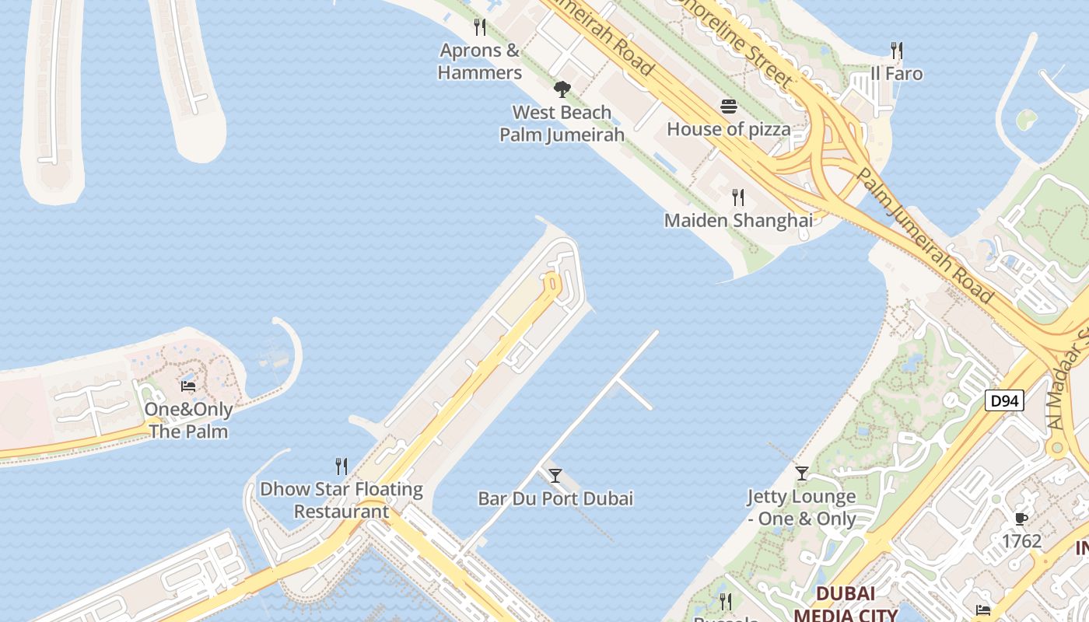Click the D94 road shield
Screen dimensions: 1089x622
[1004, 401]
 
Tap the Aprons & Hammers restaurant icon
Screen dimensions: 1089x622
[480, 27]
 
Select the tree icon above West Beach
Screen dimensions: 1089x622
[562, 89]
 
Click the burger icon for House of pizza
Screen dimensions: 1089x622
[729, 107]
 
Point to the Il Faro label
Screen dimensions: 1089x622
[897, 74]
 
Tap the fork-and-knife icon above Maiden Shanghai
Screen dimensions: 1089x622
[737, 197]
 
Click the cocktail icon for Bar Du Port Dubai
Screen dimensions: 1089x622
[555, 475]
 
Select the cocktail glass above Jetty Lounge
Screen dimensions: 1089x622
[802, 473]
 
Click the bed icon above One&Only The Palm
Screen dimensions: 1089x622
[188, 386]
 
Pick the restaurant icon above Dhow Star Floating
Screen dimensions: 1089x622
[341, 466]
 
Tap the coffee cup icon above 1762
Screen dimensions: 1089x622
[1021, 519]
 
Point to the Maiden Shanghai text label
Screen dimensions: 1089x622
[737, 221]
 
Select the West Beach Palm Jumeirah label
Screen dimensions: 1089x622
[562, 124]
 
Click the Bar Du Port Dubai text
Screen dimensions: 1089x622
[555, 498]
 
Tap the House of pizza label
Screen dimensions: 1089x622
[729, 129]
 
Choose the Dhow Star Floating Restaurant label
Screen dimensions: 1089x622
[341, 500]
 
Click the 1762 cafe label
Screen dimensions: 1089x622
[1021, 541]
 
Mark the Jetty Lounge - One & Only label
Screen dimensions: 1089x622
[802, 508]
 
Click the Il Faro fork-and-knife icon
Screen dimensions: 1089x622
[897, 51]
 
